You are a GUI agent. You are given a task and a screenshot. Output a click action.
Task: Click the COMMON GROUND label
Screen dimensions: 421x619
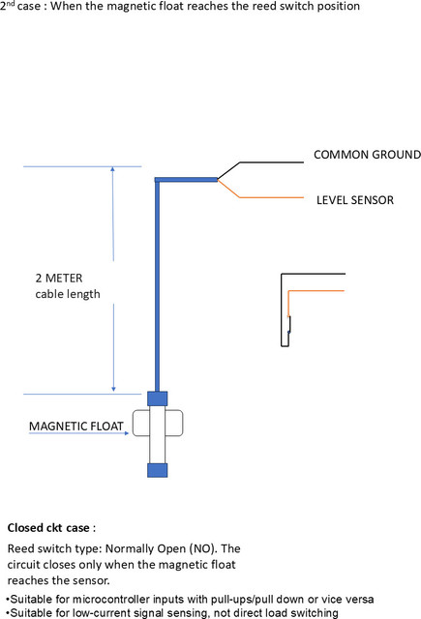click(367, 155)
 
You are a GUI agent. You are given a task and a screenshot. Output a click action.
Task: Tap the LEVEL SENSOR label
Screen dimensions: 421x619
click(355, 200)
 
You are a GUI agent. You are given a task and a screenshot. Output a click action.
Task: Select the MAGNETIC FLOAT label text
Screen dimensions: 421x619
click(76, 427)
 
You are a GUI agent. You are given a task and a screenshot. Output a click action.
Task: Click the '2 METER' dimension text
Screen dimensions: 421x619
click(59, 278)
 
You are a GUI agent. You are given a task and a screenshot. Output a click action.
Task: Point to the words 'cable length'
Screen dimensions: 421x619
click(68, 294)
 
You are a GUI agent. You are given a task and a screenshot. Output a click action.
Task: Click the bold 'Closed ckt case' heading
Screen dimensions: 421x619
click(48, 528)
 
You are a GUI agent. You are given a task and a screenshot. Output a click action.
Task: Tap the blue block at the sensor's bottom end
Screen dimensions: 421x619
click(157, 470)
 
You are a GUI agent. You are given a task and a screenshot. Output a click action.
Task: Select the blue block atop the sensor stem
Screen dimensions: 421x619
click(157, 398)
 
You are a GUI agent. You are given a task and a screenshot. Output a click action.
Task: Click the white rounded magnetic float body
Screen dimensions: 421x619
click(139, 424)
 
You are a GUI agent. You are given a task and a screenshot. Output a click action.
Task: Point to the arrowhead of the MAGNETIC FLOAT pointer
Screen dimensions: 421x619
click(127, 433)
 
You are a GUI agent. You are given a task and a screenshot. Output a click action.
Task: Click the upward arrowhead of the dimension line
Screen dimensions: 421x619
click(112, 169)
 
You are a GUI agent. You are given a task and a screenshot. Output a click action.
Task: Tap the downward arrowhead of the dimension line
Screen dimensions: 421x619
click(113, 389)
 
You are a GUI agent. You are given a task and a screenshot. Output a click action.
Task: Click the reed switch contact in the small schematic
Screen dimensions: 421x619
click(289, 325)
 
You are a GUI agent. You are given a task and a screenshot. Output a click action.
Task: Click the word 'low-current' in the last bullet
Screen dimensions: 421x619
click(104, 613)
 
